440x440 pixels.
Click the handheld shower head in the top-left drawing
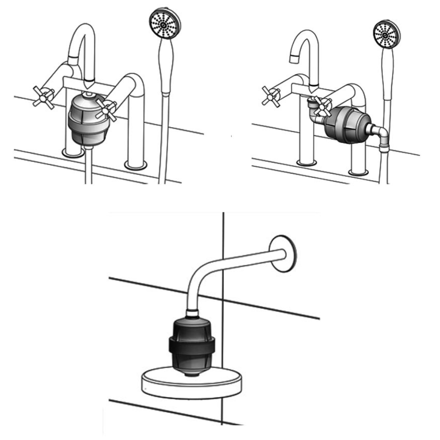tap(164, 26)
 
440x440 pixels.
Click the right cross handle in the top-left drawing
tap(107, 109)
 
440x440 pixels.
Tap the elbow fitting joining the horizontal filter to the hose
tap(379, 133)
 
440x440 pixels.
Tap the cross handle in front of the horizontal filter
tap(323, 107)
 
